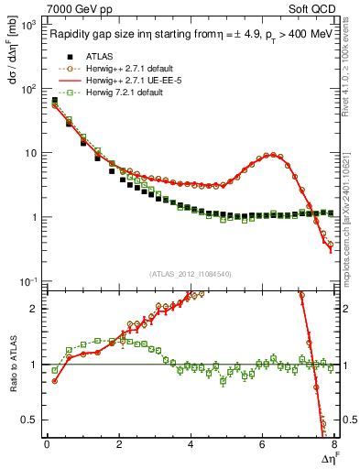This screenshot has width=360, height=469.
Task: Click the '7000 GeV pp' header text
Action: (x=75, y=8)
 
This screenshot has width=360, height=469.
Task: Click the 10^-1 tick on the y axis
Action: (x=27, y=280)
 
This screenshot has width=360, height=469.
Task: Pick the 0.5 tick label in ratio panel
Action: (x=29, y=420)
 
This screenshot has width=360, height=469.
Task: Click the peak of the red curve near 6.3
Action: (x=269, y=155)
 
